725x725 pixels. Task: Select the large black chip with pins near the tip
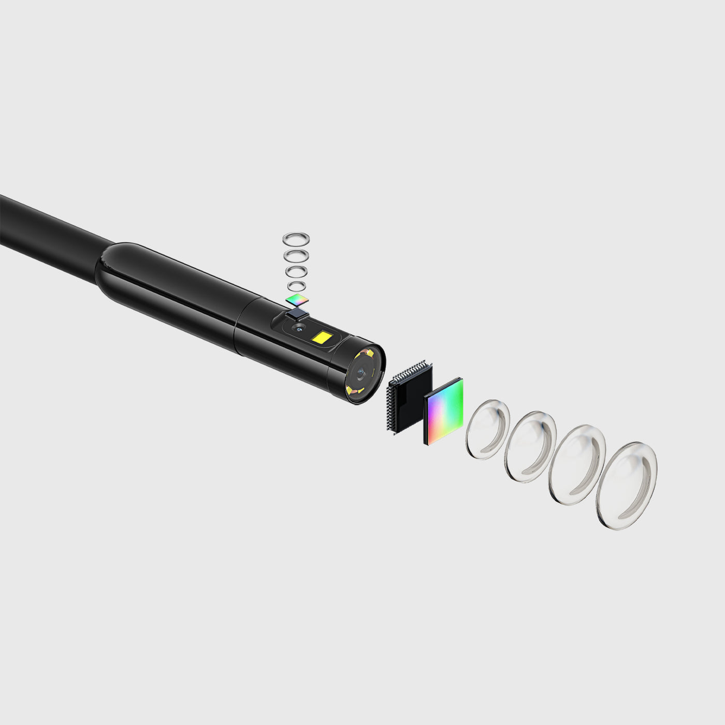pos(409,396)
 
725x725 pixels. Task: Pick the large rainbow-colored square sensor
pos(444,411)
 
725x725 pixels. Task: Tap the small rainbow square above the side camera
pos(297,299)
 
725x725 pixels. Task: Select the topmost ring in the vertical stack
pos(296,239)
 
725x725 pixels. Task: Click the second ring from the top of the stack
pos(297,255)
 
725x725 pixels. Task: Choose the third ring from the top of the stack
pos(297,271)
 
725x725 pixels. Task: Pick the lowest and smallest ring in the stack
pos(297,286)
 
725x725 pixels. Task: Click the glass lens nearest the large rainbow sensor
pos(487,429)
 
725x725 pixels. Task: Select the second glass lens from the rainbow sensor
pos(530,446)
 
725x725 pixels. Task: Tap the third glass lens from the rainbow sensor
pos(577,465)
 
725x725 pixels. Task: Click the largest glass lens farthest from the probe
pos(626,485)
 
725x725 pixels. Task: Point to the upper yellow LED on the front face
pos(368,353)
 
